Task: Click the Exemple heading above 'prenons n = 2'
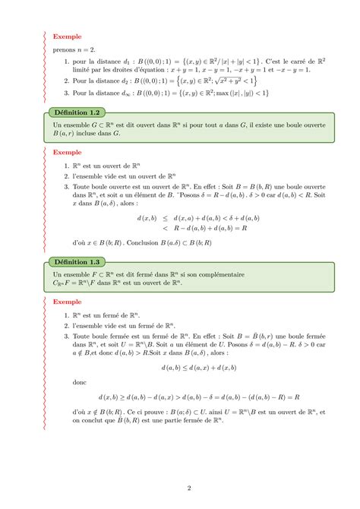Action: pyautogui.click(x=67, y=36)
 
